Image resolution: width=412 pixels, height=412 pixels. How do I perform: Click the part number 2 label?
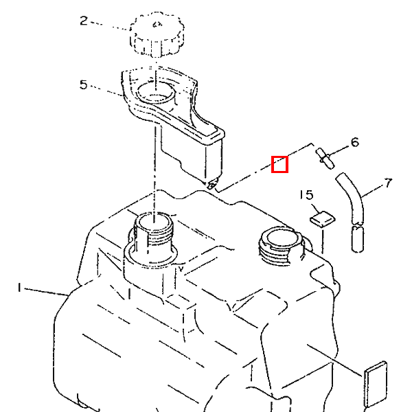tap(84, 21)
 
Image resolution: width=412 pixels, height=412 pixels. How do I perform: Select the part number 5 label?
tap(83, 84)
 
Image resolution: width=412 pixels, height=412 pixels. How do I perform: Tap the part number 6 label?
tap(355, 142)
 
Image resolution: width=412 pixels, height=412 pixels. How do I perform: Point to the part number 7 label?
tap(389, 183)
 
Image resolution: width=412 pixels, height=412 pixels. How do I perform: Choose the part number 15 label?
tap(307, 195)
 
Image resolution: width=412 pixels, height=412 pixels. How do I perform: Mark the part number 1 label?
tap(19, 287)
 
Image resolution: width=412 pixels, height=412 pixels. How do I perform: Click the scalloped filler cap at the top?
tap(157, 34)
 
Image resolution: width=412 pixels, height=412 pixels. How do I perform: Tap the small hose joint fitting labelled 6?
tap(325, 159)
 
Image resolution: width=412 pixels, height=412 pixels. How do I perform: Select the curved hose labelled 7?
tap(350, 198)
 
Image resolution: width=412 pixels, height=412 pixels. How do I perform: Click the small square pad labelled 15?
tap(323, 218)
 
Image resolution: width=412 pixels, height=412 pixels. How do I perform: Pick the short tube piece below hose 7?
tap(357, 238)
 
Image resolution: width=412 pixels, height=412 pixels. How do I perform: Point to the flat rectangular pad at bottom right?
tap(376, 384)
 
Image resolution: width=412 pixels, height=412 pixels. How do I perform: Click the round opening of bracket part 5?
tap(156, 93)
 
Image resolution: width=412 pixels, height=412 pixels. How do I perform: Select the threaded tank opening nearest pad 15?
tap(280, 244)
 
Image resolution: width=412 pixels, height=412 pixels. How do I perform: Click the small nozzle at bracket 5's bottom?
tap(212, 184)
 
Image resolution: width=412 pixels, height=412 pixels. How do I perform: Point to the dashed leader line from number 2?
tap(111, 26)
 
